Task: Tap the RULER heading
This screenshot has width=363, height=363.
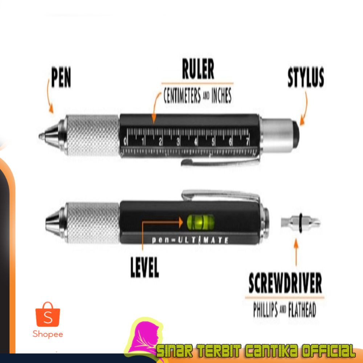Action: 198,70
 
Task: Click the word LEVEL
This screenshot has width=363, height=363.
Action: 144,268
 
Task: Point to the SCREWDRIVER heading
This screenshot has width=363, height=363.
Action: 285,284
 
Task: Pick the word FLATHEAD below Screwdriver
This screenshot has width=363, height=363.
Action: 302,310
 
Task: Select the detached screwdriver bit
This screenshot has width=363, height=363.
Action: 301,222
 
